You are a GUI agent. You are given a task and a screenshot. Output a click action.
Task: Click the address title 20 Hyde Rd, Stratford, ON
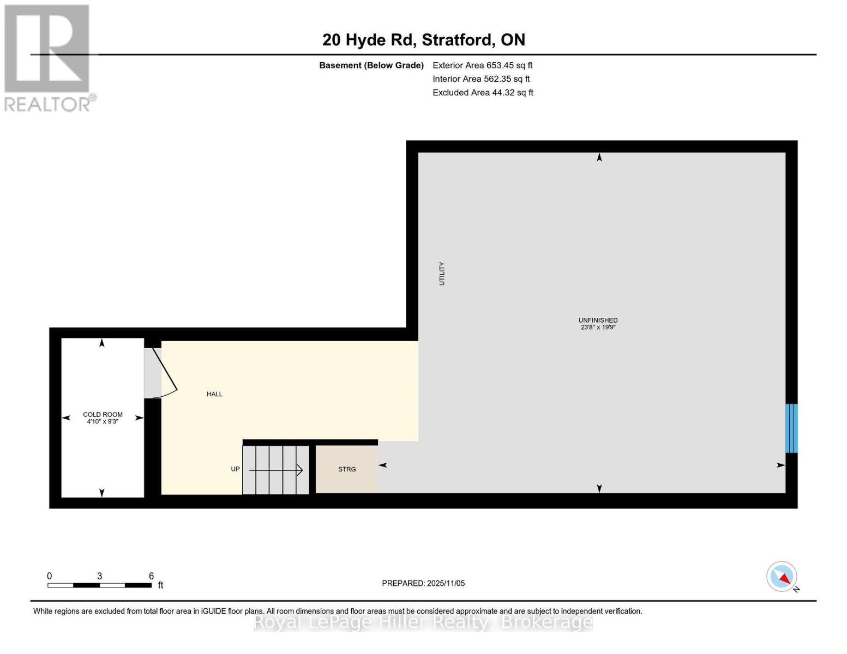[423, 40]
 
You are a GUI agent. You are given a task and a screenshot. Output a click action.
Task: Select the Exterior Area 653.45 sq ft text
[482, 65]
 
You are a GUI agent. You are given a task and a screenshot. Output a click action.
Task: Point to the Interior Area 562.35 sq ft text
[481, 78]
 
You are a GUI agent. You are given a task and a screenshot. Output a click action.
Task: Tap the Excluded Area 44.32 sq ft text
[483, 93]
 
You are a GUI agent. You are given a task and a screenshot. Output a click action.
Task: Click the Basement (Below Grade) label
[371, 65]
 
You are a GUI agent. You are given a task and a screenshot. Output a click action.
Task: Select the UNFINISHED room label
[598, 320]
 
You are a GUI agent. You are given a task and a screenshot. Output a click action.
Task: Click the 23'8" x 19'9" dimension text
[598, 328]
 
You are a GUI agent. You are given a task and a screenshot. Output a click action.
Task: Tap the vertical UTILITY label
[442, 274]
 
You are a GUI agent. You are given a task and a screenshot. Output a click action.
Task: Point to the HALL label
[214, 394]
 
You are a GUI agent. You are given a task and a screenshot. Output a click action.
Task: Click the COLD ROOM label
[103, 414]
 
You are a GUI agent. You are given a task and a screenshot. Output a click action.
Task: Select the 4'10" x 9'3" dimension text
[103, 422]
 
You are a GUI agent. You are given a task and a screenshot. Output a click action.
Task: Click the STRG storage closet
[347, 469]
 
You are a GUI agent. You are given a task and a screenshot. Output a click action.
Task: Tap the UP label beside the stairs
[235, 469]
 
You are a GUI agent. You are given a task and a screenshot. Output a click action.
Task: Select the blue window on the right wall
[791, 428]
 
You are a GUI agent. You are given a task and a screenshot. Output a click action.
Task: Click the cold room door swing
[160, 373]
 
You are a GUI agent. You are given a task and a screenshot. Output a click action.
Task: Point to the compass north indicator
[782, 577]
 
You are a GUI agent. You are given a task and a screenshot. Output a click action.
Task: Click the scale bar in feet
[99, 585]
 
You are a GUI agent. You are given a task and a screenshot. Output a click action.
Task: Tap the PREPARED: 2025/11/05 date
[423, 583]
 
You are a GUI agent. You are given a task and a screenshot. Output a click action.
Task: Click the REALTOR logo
[47, 58]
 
